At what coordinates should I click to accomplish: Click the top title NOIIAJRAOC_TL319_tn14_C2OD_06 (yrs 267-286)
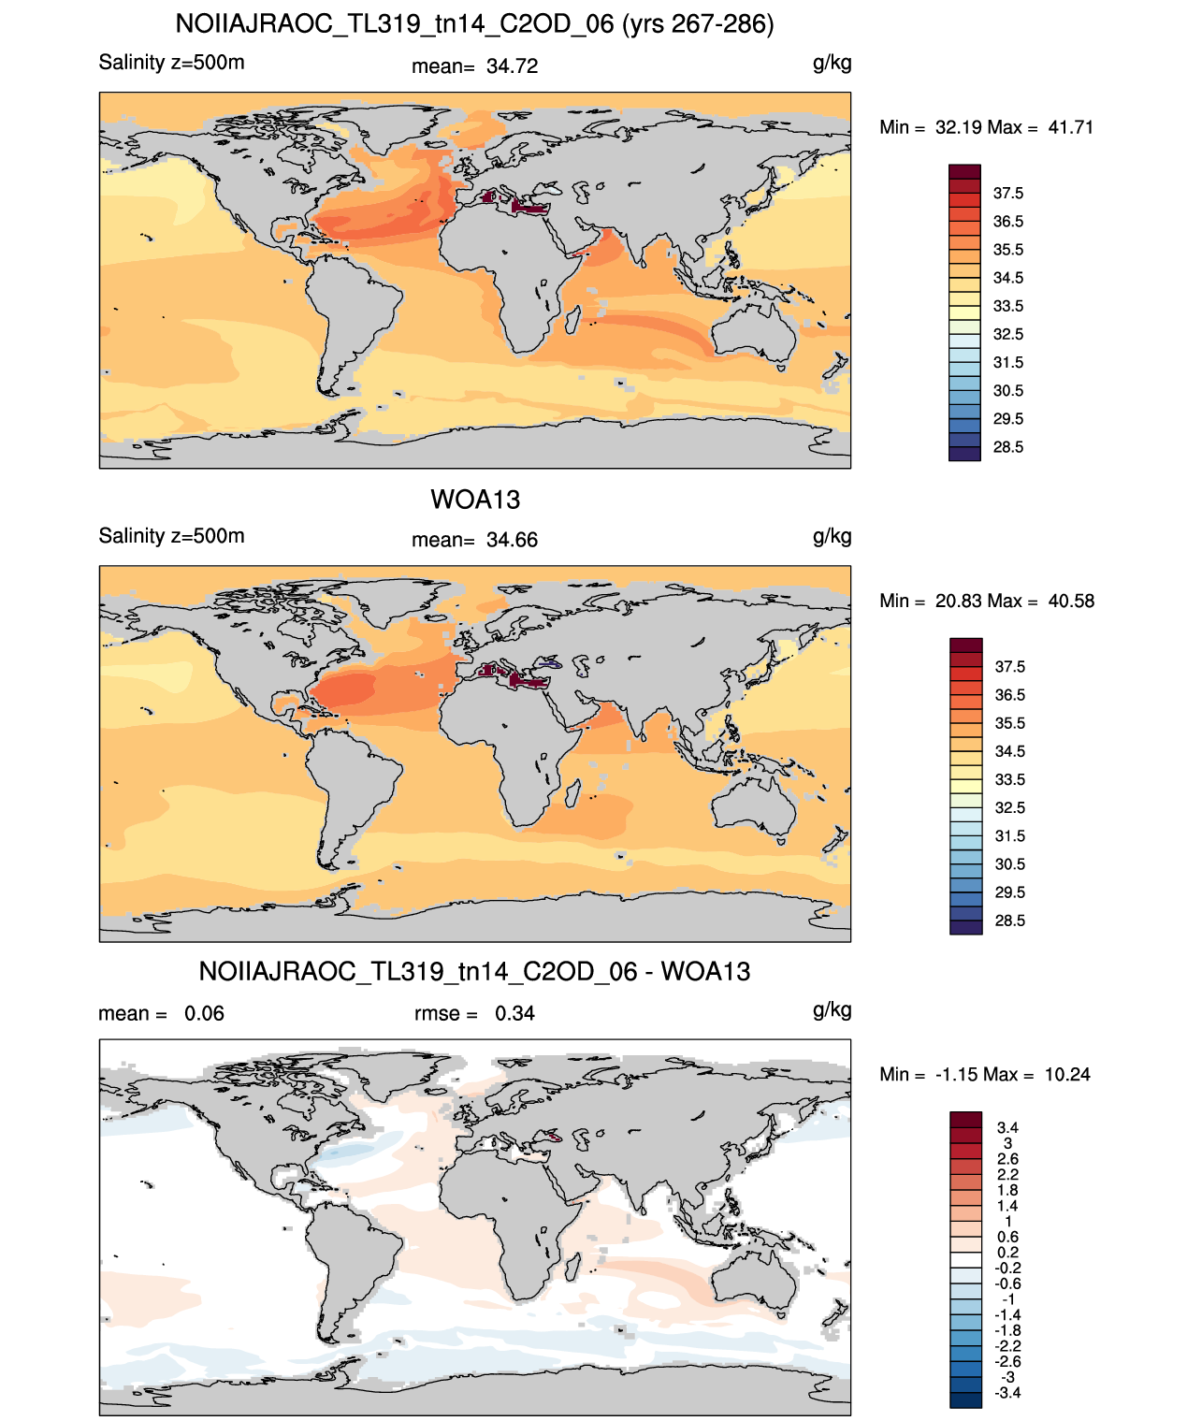point(474,24)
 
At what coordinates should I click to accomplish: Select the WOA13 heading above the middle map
point(475,500)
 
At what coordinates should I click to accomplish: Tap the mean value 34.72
point(512,66)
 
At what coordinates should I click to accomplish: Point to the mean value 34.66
point(512,540)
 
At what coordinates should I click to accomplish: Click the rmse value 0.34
point(514,1013)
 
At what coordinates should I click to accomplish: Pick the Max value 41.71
point(1070,127)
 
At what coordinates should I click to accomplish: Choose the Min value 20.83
point(957,601)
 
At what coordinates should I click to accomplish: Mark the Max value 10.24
point(1067,1075)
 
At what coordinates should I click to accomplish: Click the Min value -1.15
point(956,1075)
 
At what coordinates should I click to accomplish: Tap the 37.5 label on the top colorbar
point(1008,194)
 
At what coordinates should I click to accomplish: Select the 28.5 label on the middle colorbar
point(1009,921)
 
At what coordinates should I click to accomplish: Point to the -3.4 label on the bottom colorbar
point(1007,1393)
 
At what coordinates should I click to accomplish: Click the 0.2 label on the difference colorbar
point(1008,1252)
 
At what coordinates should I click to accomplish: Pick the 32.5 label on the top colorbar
point(1008,334)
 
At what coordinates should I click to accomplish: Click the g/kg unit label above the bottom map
point(832,1010)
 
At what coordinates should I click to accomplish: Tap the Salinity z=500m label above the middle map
point(172,535)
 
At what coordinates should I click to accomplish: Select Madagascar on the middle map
point(572,793)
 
